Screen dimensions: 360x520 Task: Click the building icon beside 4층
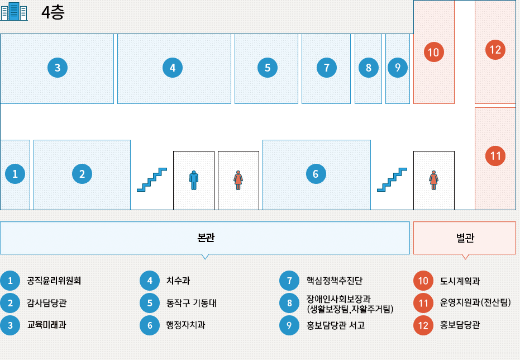tap(14, 12)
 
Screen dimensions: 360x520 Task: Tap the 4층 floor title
tap(53, 12)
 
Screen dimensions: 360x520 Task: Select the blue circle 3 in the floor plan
tap(58, 68)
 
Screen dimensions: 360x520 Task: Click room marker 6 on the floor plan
tap(316, 174)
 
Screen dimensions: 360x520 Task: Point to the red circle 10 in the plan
tap(433, 53)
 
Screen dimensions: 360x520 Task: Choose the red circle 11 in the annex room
tap(495, 155)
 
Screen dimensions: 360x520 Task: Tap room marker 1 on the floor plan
tap(15, 174)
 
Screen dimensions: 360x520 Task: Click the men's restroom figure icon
tap(194, 179)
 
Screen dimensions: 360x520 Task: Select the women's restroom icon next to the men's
tap(238, 179)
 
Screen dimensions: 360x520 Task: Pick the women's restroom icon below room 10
tap(433, 179)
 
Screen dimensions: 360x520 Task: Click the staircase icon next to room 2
tap(152, 179)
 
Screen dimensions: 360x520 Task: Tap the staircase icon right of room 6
tap(392, 179)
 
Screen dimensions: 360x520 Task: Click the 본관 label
tap(206, 238)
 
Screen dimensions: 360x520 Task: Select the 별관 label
tap(465, 238)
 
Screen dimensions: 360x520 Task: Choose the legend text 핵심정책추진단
tap(335, 280)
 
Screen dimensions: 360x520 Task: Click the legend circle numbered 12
tap(423, 325)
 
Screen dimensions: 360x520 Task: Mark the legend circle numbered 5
tap(150, 303)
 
